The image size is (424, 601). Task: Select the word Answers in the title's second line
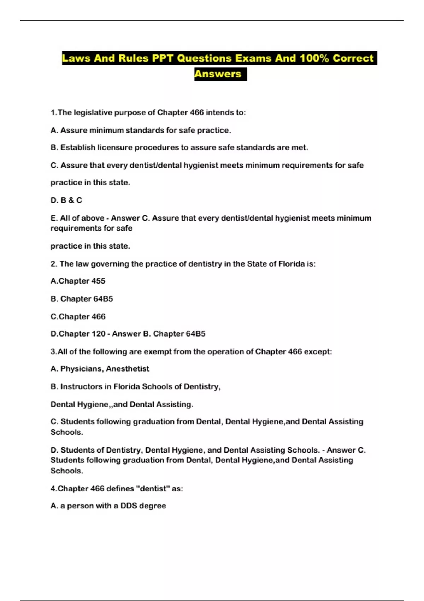(218, 74)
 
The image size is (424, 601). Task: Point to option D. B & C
(66, 200)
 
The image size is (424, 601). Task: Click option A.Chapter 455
(78, 281)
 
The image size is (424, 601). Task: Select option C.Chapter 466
(78, 317)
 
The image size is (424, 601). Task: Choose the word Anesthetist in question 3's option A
(128, 369)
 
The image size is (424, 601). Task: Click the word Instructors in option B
(82, 387)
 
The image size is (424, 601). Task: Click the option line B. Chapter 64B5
(82, 299)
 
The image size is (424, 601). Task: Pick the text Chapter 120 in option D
(82, 334)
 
